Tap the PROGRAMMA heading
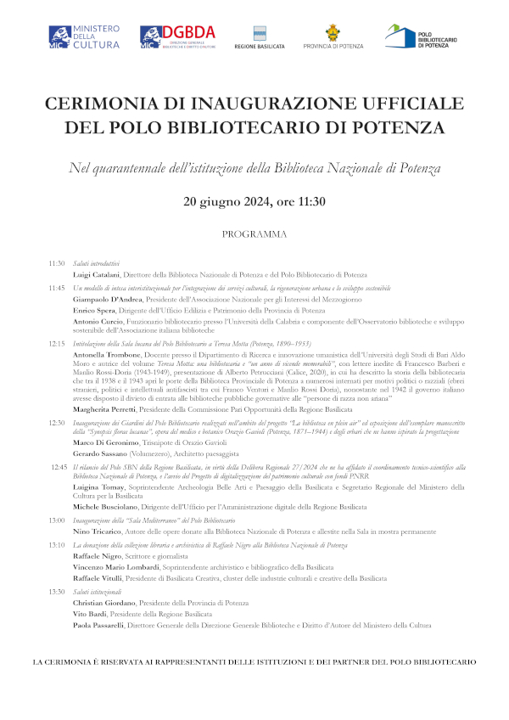coord(255,233)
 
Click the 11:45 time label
coord(57,288)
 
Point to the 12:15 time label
coord(57,343)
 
